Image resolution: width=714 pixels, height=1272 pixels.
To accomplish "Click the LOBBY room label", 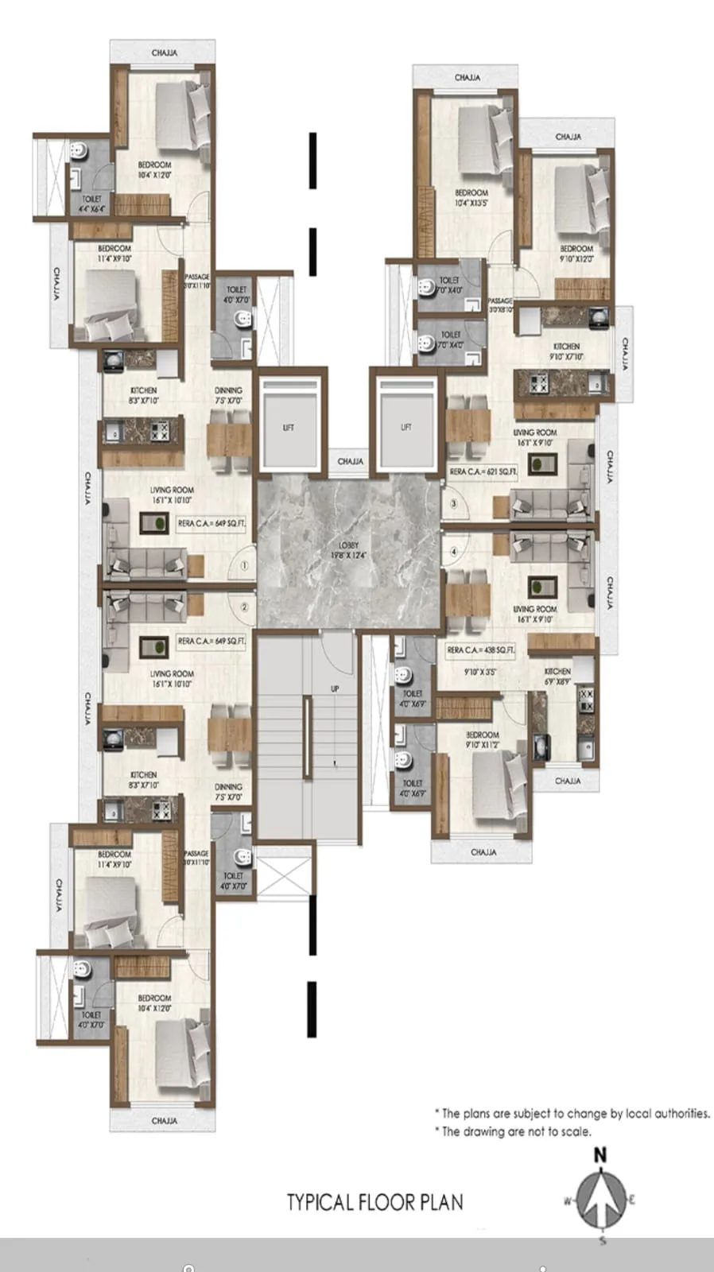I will tap(349, 549).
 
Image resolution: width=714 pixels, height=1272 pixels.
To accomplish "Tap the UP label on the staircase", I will tap(335, 688).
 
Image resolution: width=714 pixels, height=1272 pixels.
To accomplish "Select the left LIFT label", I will tap(289, 428).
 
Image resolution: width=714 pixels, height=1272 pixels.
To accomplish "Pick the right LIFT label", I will tap(406, 428).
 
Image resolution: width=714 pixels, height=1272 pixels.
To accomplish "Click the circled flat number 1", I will tap(244, 566).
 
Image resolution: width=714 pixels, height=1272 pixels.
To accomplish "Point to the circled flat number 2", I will tap(244, 607).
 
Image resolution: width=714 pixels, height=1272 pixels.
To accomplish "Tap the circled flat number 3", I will tap(454, 503).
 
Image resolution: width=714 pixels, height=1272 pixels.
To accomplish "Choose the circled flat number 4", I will tap(454, 550).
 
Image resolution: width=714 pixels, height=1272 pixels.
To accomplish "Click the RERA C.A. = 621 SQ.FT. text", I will tap(483, 472).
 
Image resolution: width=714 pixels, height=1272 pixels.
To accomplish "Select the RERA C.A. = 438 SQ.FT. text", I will tap(481, 650).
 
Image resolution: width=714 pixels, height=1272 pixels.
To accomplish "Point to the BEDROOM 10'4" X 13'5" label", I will tap(471, 197).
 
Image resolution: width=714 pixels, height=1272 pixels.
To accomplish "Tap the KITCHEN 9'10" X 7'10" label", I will tap(567, 351).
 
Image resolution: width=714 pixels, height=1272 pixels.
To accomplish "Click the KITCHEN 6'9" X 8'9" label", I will tap(558, 677).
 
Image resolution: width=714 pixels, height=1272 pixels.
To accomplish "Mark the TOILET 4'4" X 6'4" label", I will tap(91, 204).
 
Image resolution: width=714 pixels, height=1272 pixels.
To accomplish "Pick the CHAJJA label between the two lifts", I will tap(351, 461).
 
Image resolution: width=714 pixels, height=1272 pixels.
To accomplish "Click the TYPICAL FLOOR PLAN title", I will tap(375, 1201).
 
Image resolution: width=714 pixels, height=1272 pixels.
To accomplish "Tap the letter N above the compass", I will tap(601, 1155).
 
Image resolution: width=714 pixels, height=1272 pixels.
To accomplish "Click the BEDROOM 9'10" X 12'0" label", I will tap(576, 254).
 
